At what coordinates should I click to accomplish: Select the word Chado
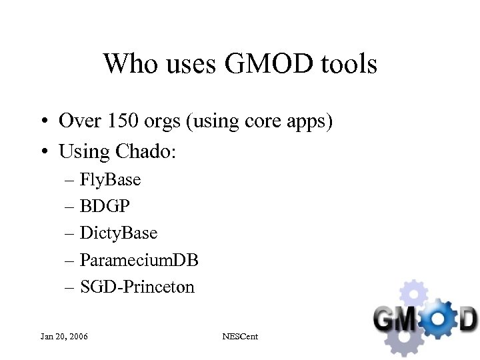point(145,151)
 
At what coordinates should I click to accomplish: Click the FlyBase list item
point(110,179)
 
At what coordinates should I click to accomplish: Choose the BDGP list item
point(105,206)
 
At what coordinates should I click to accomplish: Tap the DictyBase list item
point(118,233)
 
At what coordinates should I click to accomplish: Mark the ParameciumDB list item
point(139,260)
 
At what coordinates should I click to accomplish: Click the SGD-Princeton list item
point(137,287)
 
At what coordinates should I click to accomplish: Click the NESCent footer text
point(239,336)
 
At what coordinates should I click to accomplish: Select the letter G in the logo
point(387,318)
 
